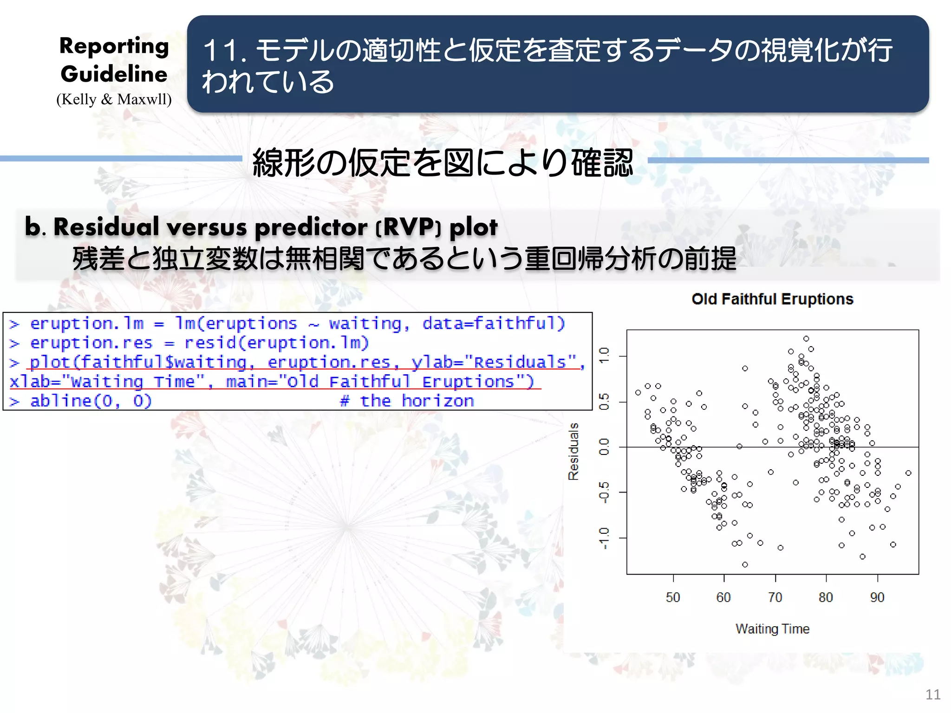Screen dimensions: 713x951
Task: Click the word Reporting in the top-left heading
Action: click(114, 46)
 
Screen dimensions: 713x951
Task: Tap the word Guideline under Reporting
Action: click(114, 74)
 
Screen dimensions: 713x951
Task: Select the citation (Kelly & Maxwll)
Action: click(114, 99)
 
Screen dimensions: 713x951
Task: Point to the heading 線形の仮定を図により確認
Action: click(443, 162)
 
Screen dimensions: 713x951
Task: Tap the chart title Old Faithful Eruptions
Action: click(772, 299)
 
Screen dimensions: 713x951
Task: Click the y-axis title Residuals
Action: click(574, 451)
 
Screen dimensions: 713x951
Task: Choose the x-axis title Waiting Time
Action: click(772, 629)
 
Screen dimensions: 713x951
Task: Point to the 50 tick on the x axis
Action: click(673, 597)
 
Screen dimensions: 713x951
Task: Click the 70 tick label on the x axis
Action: click(775, 597)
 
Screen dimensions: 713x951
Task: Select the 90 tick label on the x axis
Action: click(877, 597)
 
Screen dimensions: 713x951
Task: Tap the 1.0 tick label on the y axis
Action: click(604, 356)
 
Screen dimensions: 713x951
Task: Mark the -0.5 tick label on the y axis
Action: click(604, 492)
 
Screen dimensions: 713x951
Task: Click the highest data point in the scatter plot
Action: click(806, 339)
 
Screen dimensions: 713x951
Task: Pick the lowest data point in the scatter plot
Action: click(745, 564)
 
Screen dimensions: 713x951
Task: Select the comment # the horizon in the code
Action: click(407, 401)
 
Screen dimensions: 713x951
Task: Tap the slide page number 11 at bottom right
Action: click(932, 694)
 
